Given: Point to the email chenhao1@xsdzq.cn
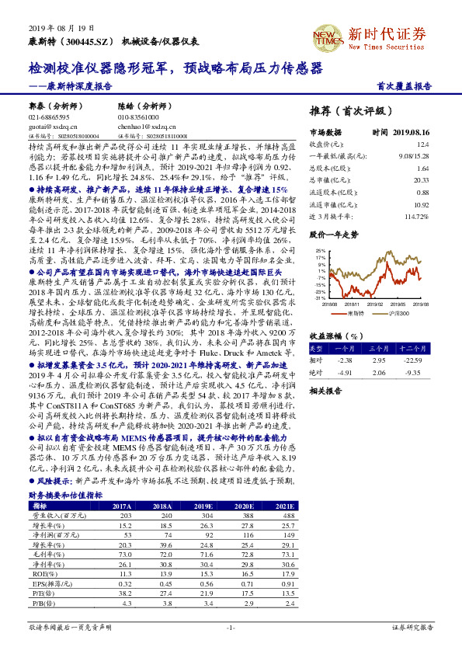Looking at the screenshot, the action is (142, 124).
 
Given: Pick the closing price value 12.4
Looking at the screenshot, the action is (422, 144).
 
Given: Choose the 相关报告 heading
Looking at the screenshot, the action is (321, 391).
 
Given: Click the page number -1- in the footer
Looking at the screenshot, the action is (231, 626).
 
